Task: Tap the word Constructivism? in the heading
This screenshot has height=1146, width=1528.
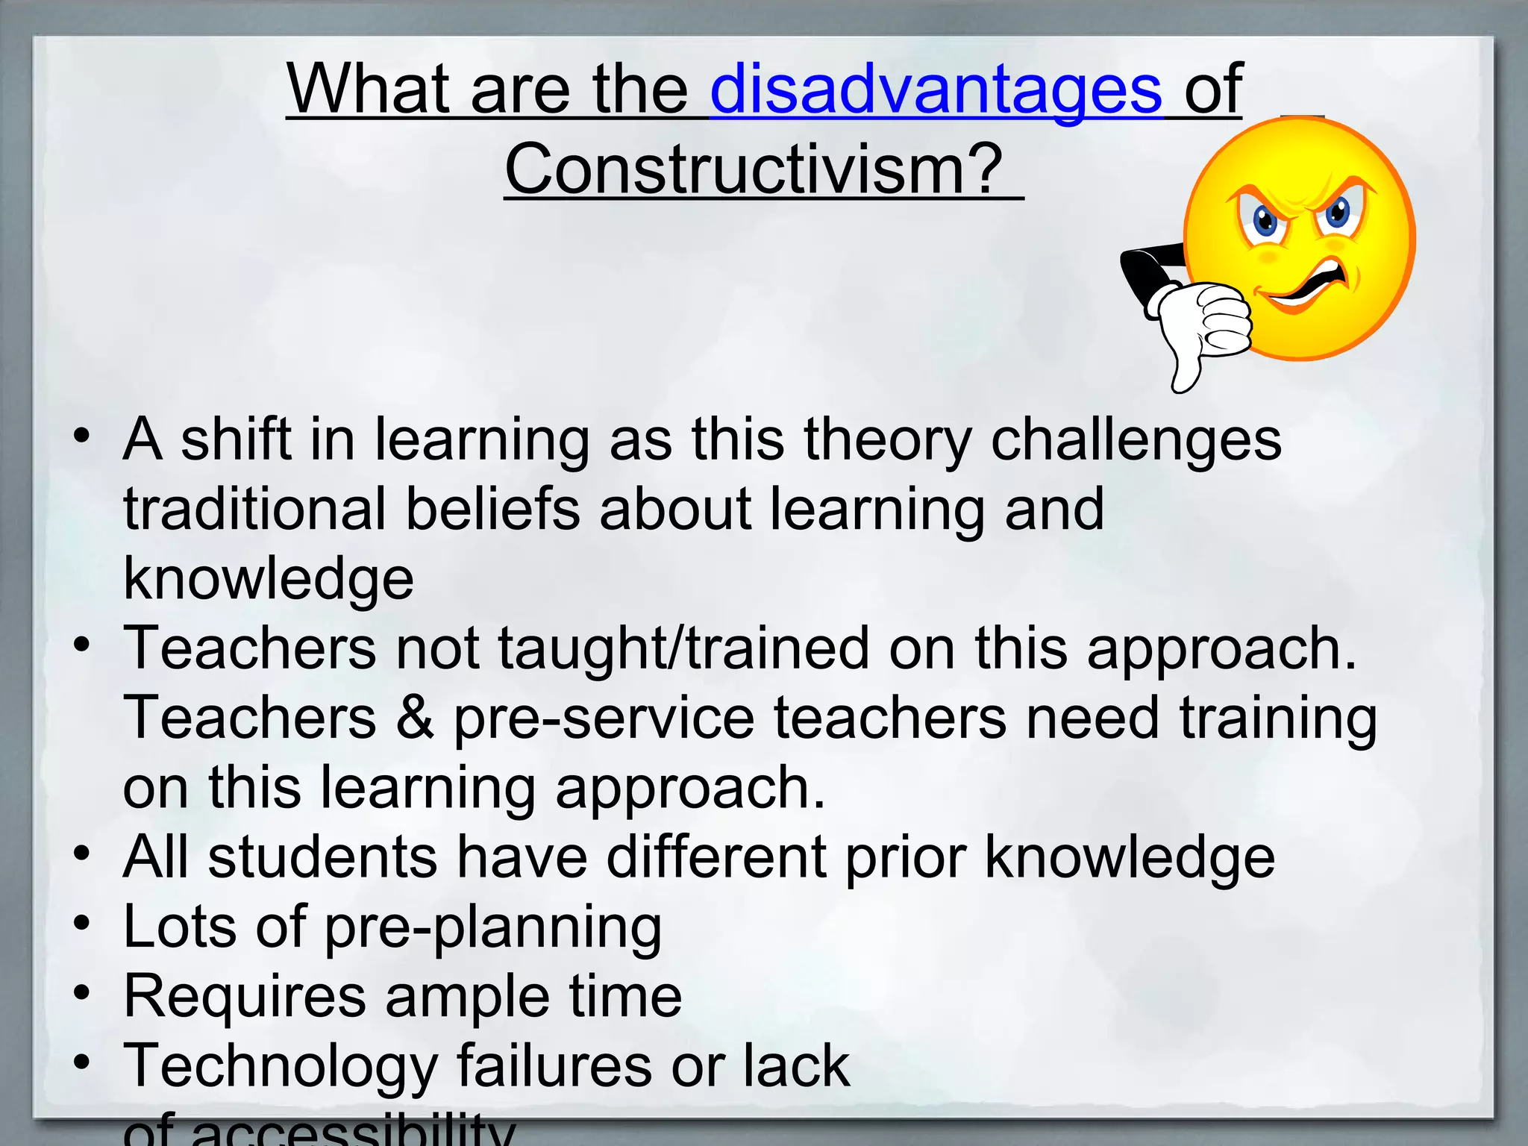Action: (754, 170)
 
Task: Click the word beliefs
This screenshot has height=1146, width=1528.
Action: (492, 510)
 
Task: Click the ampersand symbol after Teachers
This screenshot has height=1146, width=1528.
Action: (415, 718)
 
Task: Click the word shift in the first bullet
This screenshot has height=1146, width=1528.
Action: (236, 440)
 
